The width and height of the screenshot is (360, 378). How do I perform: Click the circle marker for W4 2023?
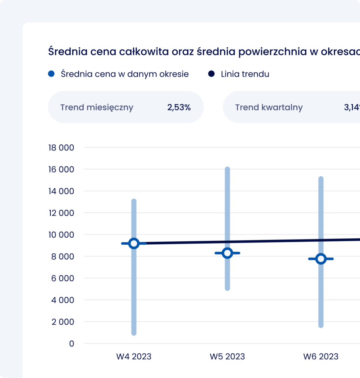[134, 243]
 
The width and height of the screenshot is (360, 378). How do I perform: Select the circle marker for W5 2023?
[227, 253]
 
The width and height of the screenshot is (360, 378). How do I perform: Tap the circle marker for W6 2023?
[321, 259]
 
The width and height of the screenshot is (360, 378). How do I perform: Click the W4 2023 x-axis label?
[134, 356]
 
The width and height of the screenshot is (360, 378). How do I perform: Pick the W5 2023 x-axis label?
[227, 356]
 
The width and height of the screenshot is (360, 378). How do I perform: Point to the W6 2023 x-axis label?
[321, 356]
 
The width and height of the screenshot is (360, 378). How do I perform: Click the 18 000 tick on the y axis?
[61, 148]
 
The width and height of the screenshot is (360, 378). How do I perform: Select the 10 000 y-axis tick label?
[61, 235]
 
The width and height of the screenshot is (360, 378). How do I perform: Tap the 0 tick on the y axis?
[71, 343]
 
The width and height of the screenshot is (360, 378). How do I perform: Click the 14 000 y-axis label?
[61, 191]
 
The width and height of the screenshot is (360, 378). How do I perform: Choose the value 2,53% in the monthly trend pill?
[179, 107]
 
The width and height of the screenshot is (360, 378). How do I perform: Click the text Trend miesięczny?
[97, 107]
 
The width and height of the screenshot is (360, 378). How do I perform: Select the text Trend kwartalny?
[269, 107]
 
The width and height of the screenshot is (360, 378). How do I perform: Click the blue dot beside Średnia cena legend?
[51, 74]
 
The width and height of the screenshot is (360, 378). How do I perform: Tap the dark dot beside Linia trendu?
[211, 74]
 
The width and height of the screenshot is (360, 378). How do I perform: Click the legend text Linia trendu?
[245, 74]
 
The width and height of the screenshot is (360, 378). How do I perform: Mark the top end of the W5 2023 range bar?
[227, 169]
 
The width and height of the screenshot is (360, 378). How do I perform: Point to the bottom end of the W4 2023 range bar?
[134, 333]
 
